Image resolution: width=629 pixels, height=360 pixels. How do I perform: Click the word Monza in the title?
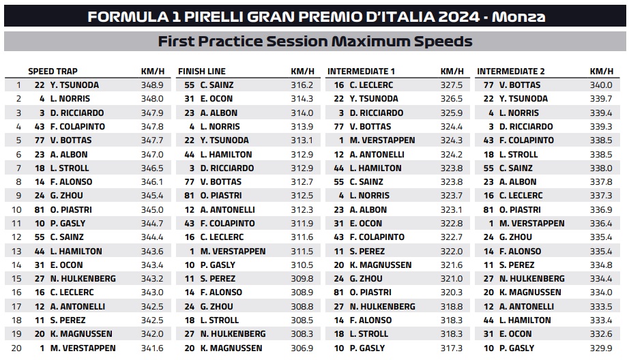point(518,17)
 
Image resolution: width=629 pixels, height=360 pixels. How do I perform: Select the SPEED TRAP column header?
point(53,72)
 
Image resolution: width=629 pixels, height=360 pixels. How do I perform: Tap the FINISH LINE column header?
point(202,72)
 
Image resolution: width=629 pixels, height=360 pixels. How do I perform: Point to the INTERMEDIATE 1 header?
point(361,72)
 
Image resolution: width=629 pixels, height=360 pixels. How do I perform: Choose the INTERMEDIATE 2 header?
point(511,72)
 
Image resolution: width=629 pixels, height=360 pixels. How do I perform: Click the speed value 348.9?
point(152,85)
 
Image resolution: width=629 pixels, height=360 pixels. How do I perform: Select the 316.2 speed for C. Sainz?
point(302,85)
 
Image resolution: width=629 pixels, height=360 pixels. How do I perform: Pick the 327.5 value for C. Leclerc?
point(452,85)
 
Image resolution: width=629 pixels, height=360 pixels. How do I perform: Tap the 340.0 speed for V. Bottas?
point(601,85)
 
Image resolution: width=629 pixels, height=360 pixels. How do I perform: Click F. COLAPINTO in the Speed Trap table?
point(77,127)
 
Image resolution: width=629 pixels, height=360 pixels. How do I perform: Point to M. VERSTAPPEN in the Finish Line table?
point(233,252)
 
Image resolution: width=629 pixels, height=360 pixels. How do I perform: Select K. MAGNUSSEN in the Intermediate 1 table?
point(380,265)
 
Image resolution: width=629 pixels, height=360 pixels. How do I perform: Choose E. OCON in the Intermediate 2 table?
point(515,334)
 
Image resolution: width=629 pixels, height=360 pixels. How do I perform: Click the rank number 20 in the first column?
point(16,348)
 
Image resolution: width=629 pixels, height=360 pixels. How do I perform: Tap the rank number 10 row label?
point(16,210)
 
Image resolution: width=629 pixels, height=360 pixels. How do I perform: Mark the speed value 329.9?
point(601,348)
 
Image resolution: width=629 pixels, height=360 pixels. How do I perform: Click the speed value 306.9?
point(302,348)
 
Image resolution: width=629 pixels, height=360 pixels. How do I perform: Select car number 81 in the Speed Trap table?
point(40,210)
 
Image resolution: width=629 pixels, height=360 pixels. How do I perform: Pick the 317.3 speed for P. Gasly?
point(452,348)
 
